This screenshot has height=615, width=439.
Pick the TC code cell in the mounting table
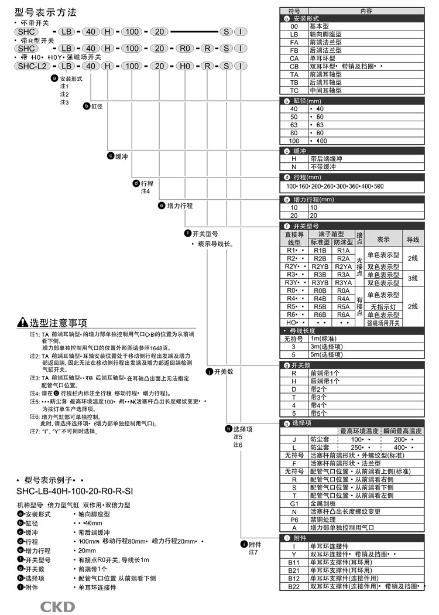[294, 91]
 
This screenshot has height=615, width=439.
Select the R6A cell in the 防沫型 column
[343, 315]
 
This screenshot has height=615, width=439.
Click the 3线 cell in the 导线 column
[413, 278]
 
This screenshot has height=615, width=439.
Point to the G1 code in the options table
[294, 503]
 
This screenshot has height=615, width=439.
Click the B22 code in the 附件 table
[294, 586]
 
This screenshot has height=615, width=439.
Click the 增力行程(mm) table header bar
[351, 199]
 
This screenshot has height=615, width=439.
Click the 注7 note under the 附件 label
[253, 552]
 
